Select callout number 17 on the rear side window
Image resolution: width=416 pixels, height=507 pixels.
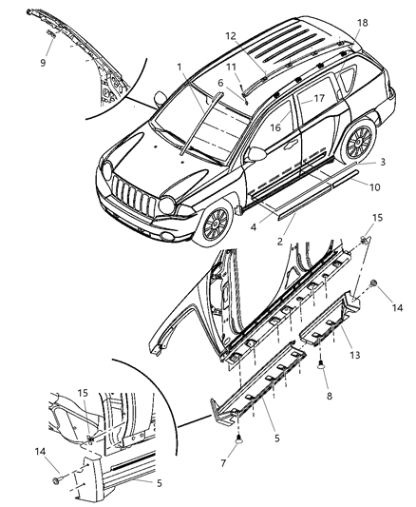tap(319, 98)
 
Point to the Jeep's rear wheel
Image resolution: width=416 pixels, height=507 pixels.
tap(358, 142)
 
